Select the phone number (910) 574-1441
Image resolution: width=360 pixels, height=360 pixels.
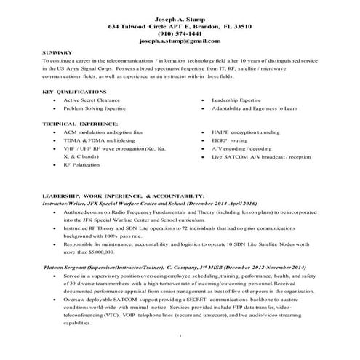point(180,33)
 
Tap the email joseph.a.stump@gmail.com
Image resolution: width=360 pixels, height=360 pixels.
point(180,42)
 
